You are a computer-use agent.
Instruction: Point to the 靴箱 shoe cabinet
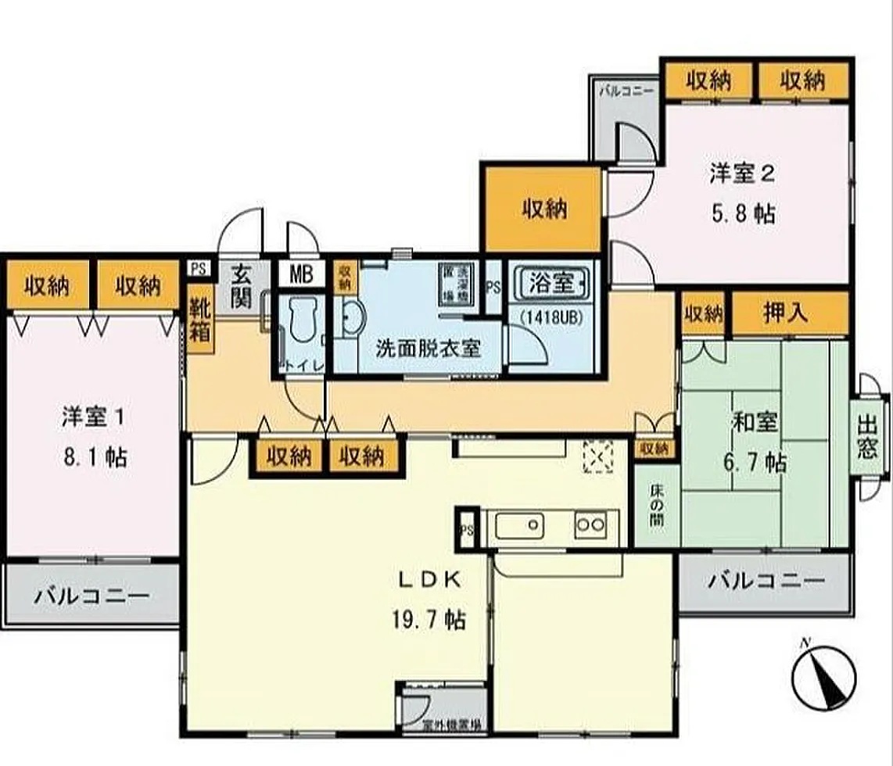click(x=199, y=320)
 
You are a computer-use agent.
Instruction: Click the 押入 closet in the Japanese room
click(x=789, y=314)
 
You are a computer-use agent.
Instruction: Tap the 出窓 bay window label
click(x=868, y=437)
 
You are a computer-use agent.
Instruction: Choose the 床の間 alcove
click(x=655, y=505)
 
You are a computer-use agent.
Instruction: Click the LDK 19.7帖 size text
click(x=428, y=621)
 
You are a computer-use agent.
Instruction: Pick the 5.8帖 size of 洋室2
click(x=742, y=214)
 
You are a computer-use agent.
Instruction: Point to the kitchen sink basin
click(x=518, y=525)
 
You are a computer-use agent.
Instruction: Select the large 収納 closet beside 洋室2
click(x=544, y=209)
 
